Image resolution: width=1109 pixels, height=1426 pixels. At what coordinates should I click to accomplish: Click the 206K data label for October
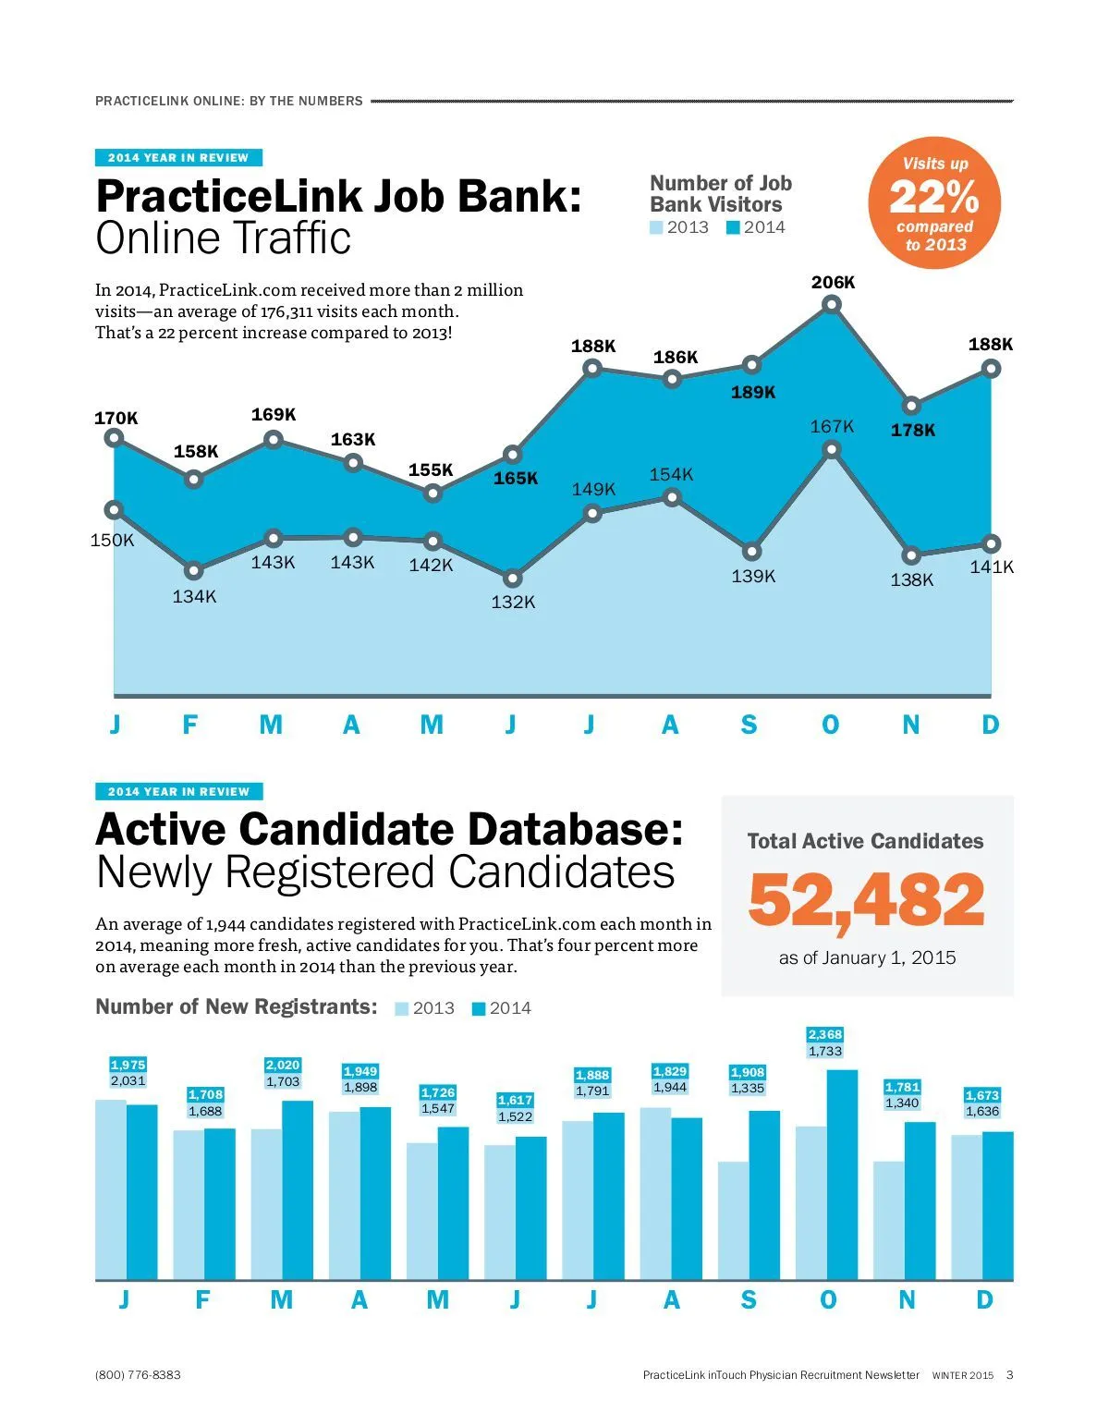click(x=833, y=283)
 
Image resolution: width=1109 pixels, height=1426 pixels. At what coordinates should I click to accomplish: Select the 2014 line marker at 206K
click(x=832, y=304)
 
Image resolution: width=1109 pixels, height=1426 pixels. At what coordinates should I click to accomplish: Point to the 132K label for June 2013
click(x=513, y=603)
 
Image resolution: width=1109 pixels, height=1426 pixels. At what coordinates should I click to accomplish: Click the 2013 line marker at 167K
click(x=832, y=450)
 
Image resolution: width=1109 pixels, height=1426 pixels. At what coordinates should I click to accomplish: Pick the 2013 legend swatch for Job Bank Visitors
click(x=656, y=228)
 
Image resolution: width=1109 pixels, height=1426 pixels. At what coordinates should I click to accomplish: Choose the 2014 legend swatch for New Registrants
click(x=478, y=1009)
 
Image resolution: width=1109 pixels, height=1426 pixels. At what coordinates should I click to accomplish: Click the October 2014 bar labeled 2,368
click(x=842, y=1174)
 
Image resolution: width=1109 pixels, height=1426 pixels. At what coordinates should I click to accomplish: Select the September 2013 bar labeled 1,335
click(x=733, y=1220)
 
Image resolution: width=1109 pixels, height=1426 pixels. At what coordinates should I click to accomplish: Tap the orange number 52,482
click(x=866, y=900)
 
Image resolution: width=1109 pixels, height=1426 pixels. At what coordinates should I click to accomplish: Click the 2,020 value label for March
click(x=283, y=1066)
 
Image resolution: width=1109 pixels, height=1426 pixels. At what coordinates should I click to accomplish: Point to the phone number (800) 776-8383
click(x=138, y=1375)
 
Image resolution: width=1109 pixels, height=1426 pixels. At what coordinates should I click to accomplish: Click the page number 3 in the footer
click(x=1010, y=1375)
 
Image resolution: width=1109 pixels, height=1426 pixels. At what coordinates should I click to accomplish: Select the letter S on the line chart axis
click(x=749, y=725)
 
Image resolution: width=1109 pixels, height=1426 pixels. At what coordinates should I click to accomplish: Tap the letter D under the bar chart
click(x=984, y=1300)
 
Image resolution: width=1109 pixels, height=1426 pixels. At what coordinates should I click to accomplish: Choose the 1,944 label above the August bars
click(x=670, y=1088)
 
